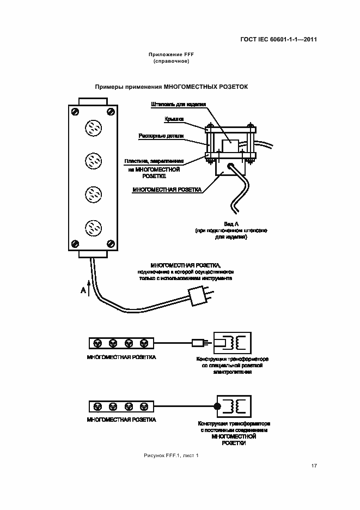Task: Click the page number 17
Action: [314, 465]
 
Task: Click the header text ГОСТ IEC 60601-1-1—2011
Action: [279, 39]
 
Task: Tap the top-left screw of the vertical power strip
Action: [75, 111]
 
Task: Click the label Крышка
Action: [174, 118]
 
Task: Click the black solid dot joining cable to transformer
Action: [216, 406]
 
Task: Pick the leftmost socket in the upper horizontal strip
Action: [98, 343]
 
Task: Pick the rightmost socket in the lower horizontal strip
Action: [144, 406]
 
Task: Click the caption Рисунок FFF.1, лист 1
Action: [171, 455]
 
